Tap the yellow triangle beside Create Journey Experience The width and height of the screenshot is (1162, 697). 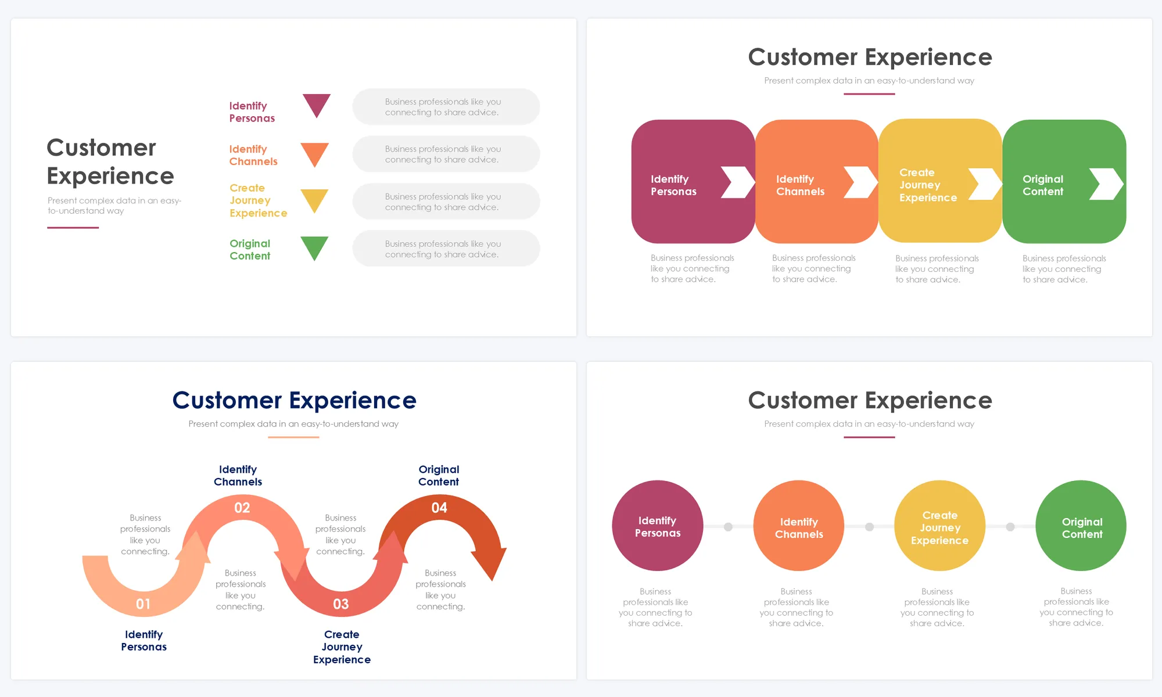314,199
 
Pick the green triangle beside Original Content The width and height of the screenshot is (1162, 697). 314,247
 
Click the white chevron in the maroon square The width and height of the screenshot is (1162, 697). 737,182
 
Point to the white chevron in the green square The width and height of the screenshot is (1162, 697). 1106,184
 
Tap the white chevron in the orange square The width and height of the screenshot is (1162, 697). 860,182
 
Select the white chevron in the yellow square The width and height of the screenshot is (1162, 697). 985,184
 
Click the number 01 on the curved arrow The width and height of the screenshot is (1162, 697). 143,604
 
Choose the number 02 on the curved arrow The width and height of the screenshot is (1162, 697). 242,508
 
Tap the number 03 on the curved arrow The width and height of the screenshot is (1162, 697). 341,604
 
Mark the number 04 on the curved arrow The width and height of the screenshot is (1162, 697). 439,508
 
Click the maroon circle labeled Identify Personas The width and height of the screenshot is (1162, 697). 658,526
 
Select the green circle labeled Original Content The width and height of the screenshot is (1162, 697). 1081,526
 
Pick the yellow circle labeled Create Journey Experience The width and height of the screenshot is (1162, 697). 939,526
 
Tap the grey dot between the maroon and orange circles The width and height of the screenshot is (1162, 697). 728,527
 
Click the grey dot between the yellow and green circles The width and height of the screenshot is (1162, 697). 1010,527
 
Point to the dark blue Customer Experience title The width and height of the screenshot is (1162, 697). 294,400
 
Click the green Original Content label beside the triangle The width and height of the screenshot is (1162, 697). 250,250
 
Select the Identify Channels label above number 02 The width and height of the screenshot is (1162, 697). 238,475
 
